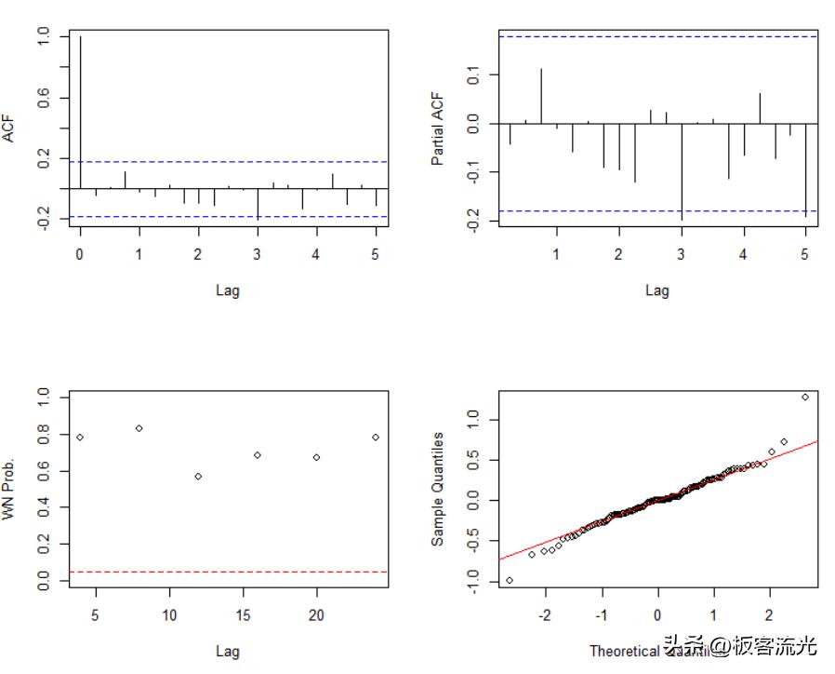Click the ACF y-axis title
9,127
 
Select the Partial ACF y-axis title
438,128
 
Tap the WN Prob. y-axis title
9,488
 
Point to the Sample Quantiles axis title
438,488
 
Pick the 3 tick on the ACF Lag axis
258,254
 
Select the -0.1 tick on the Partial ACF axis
472,171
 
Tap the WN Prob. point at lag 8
139,428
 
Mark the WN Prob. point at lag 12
198,476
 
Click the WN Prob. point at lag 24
376,437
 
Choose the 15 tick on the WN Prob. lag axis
243,615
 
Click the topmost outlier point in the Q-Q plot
805,398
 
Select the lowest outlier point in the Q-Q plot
510,580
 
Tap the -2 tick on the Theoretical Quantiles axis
546,615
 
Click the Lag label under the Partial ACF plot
657,290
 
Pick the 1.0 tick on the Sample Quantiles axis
472,421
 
